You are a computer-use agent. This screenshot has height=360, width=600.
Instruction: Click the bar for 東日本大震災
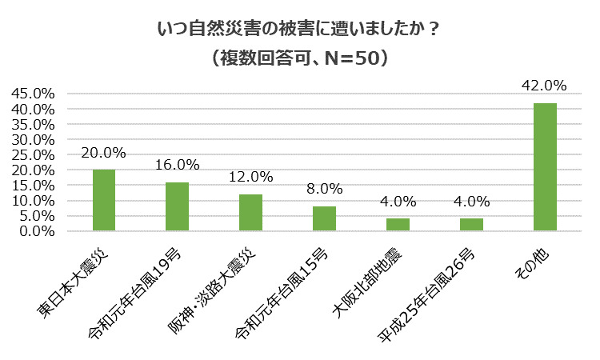point(104,200)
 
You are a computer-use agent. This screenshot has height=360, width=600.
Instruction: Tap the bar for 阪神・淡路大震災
point(250,213)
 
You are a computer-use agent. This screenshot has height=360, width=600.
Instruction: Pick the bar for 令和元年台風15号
point(324,218)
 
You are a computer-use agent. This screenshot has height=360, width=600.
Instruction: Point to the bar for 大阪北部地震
point(398,225)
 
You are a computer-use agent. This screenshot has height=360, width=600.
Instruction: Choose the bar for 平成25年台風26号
point(471,225)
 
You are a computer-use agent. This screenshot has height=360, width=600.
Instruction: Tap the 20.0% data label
point(104,153)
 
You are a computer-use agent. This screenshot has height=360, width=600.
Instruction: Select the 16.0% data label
point(177,166)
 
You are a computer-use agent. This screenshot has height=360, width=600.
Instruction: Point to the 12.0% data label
point(250,178)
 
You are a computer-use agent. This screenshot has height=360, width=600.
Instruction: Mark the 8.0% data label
point(324,190)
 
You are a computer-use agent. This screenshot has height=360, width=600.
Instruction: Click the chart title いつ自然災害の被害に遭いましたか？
point(299,29)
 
